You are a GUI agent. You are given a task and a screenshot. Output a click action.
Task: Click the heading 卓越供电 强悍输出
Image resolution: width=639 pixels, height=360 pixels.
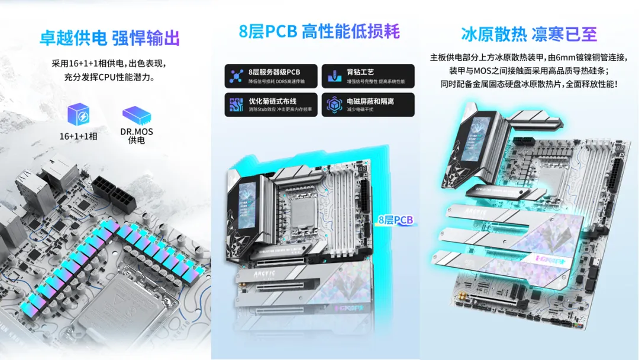[x=109, y=38]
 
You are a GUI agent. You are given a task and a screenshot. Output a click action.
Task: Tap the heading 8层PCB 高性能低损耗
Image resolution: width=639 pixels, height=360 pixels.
[x=319, y=31]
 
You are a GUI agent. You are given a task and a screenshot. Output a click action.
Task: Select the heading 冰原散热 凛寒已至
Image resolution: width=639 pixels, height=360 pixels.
[x=528, y=34]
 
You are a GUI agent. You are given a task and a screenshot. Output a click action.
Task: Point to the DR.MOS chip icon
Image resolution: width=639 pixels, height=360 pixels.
[x=136, y=115]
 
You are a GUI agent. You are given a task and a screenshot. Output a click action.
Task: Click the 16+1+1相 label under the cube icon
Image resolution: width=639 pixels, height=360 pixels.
[x=78, y=136]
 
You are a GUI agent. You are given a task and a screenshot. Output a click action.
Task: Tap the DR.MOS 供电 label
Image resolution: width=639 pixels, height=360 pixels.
[x=136, y=136]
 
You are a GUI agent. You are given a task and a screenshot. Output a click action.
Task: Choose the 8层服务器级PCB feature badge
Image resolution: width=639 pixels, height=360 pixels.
[x=271, y=76]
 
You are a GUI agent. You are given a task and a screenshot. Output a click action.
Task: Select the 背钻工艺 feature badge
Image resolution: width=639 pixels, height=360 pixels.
[x=368, y=76]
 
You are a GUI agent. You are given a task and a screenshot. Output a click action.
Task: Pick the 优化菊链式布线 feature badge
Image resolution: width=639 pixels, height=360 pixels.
[x=271, y=105]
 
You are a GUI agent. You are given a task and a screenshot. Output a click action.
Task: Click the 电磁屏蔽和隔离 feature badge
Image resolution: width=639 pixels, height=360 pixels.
[x=368, y=105]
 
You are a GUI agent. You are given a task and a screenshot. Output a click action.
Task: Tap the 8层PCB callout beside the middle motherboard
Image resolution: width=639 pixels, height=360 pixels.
[x=395, y=220]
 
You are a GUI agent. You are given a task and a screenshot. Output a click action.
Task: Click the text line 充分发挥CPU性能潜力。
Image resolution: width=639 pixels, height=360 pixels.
[x=109, y=77]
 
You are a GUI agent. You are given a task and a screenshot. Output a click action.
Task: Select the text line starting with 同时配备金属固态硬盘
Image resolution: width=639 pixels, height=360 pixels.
[x=529, y=84]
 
